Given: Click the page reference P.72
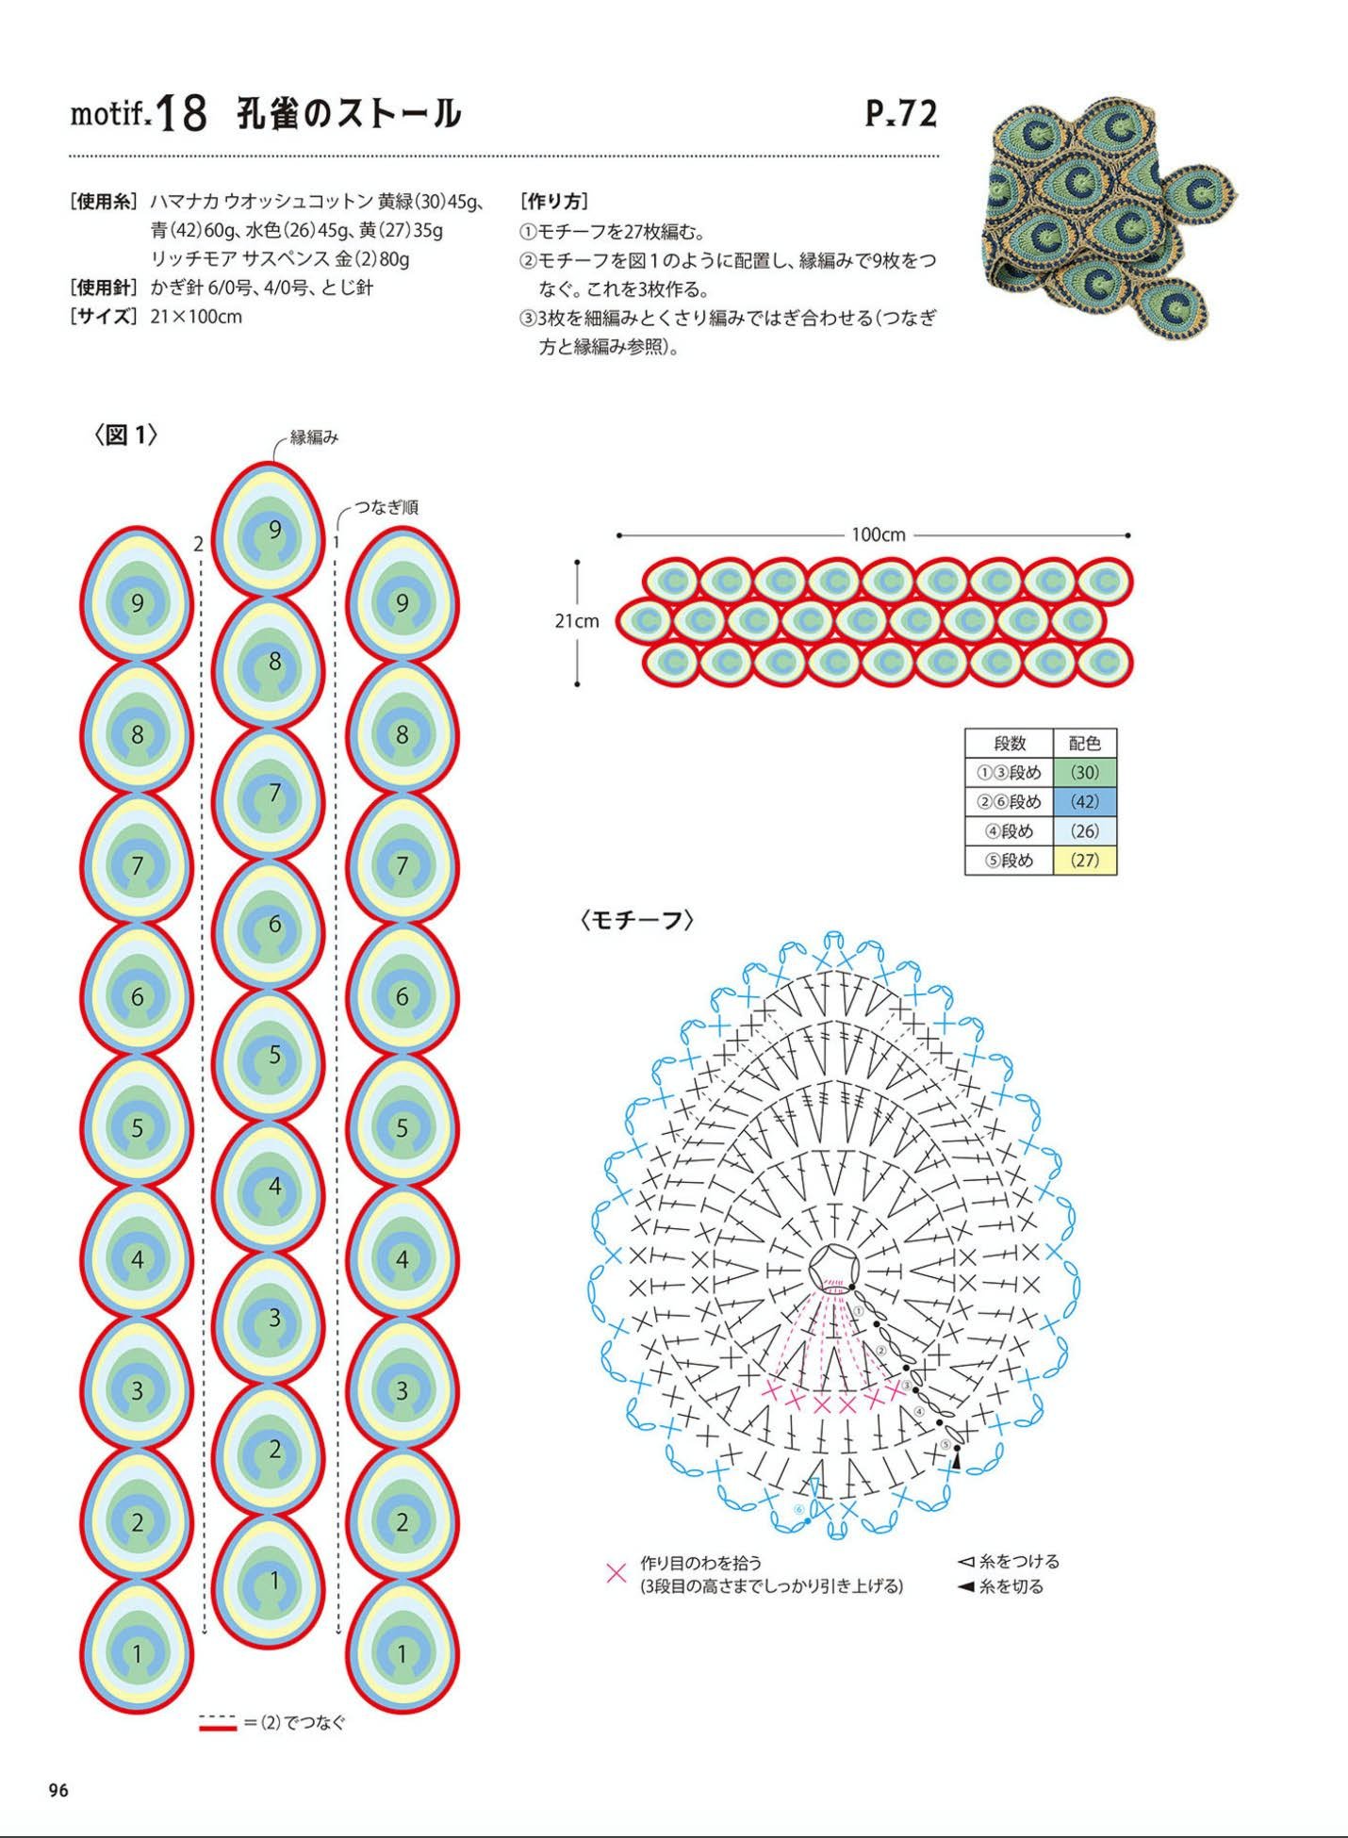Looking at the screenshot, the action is coord(901,114).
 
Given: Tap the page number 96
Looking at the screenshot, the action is coord(58,1791).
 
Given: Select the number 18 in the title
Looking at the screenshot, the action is coord(181,114).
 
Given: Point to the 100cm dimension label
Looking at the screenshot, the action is coord(878,534).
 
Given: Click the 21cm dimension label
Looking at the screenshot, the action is coord(577,621).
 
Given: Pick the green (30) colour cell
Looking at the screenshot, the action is coord(1085,773).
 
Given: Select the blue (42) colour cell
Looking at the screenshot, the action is coord(1085,802).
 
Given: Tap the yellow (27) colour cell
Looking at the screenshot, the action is coord(1085,861).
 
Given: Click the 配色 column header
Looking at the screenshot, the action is coord(1085,743).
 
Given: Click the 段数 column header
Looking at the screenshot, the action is coord(1010,743).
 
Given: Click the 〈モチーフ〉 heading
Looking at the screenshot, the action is coord(638,920).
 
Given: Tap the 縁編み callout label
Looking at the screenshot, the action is coord(314,437).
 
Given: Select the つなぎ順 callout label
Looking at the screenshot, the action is coord(386,507).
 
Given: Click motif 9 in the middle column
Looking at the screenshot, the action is coord(268,530).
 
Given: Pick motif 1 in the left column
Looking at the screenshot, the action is coord(138,1652).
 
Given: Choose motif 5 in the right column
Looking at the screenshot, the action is coord(403,1127).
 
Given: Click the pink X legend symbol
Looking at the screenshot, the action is coord(616,1573).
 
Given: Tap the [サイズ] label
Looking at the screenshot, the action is coord(104,317).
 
